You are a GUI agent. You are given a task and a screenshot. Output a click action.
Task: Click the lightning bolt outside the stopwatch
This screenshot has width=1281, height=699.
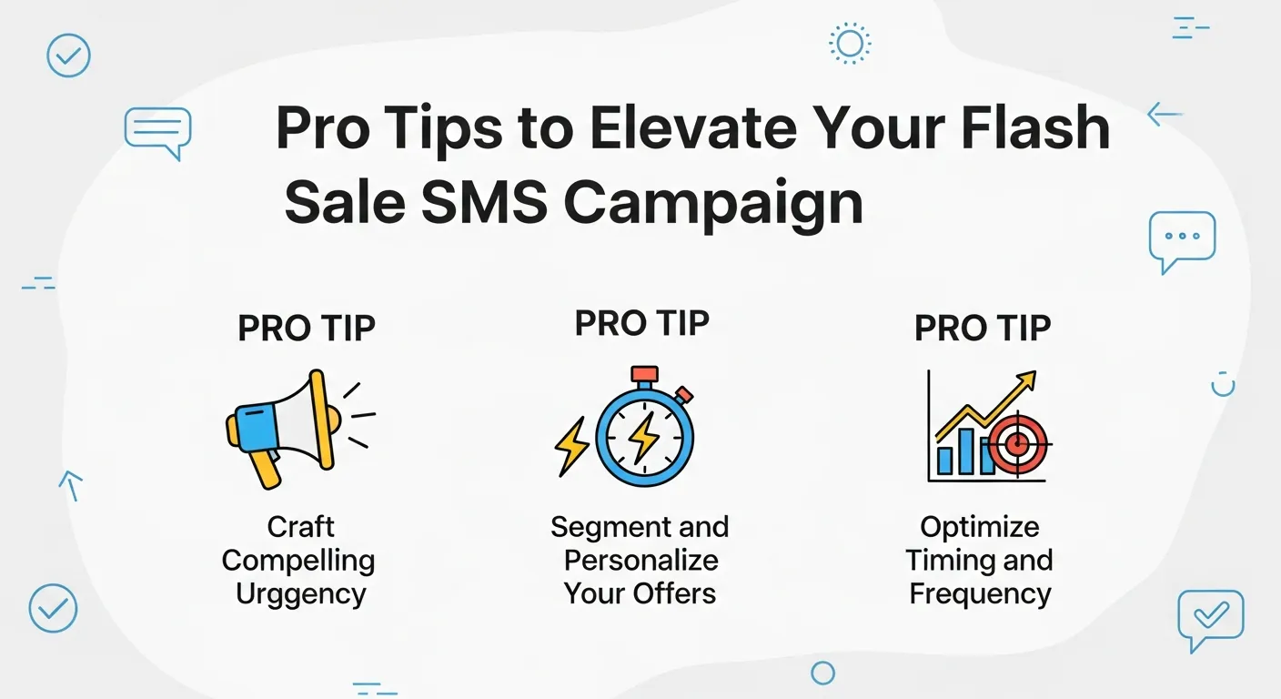tap(571, 445)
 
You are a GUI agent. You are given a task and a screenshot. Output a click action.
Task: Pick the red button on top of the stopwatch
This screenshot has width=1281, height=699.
tap(644, 374)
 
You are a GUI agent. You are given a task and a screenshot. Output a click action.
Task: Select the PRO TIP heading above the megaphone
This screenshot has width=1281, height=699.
tap(307, 329)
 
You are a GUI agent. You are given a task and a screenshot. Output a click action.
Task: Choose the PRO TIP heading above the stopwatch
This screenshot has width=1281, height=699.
tap(642, 323)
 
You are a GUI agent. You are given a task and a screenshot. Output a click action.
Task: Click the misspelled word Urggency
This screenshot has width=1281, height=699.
tap(300, 594)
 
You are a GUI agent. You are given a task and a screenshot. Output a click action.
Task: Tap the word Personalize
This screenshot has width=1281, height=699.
tap(640, 561)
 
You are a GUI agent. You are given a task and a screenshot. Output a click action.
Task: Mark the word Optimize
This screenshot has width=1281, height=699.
tap(980, 527)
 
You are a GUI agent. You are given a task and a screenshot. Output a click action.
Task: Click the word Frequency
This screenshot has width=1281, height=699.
tap(980, 594)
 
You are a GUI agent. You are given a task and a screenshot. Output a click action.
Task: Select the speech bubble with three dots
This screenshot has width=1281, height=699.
tap(1182, 238)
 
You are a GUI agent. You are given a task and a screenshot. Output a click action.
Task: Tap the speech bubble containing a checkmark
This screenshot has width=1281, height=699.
tap(1209, 617)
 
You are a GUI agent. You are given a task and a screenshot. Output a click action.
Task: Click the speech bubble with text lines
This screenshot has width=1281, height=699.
tap(158, 130)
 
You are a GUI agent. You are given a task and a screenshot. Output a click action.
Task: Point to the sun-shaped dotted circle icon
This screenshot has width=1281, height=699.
tap(850, 43)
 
